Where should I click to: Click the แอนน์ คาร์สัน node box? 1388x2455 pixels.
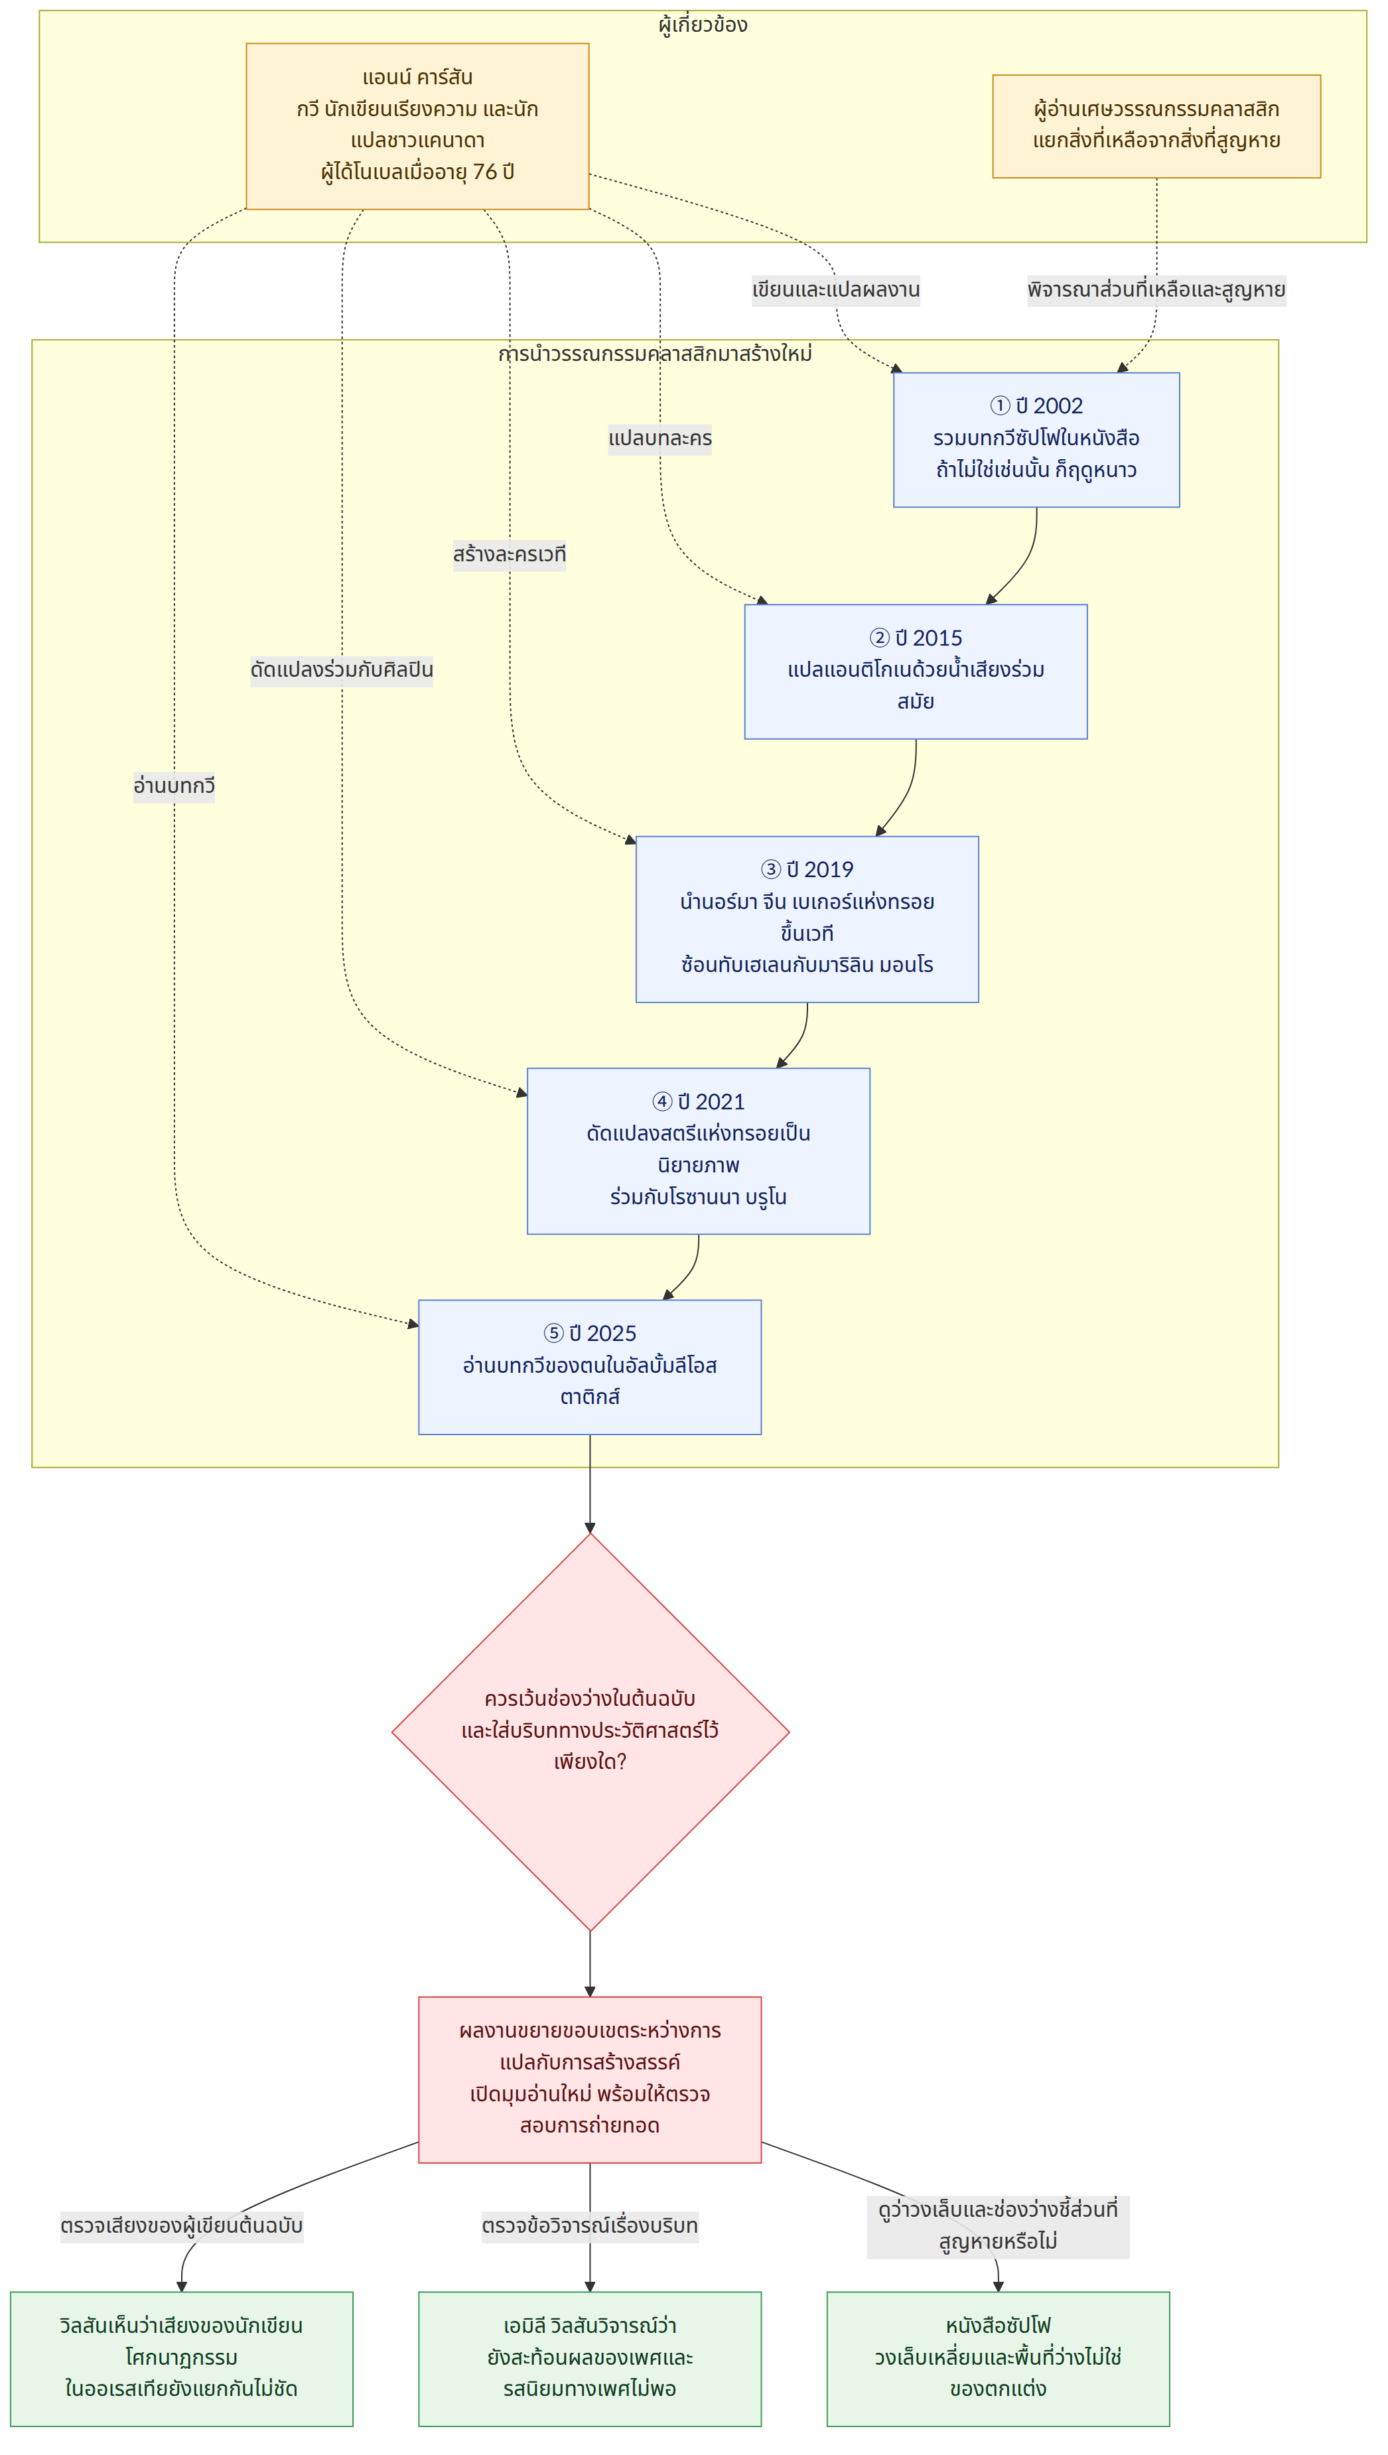click(417, 126)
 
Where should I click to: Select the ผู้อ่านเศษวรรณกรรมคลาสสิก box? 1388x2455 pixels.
click(1156, 126)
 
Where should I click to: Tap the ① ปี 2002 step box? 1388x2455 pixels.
click(1036, 439)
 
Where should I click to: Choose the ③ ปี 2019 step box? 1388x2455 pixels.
click(807, 919)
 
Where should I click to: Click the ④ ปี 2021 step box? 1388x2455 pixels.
click(699, 1151)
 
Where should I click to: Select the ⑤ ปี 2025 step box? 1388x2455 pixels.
click(590, 1367)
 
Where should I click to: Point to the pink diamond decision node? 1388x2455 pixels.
click(590, 1732)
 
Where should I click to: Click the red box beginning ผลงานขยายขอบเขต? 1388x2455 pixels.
click(590, 2079)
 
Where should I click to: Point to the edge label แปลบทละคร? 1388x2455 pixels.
click(659, 439)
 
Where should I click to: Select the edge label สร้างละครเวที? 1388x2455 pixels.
click(509, 555)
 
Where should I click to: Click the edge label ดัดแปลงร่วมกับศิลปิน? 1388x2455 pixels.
click(341, 670)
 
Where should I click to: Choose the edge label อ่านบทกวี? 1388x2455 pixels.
click(174, 786)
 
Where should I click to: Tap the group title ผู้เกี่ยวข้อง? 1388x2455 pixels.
click(703, 25)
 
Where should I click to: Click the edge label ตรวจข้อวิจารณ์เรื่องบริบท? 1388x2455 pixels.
click(590, 2226)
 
